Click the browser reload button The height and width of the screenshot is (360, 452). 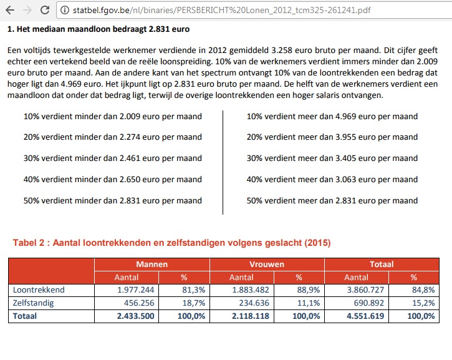click(x=44, y=10)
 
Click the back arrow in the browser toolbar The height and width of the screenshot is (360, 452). click(x=9, y=10)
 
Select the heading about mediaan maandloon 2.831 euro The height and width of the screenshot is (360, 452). click(x=98, y=29)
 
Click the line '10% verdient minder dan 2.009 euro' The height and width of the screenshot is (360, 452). click(x=112, y=116)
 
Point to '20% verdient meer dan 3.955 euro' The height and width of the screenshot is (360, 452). click(x=332, y=137)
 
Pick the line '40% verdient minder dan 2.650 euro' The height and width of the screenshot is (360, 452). click(x=112, y=180)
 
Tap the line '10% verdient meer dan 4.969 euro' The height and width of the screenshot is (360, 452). click(x=332, y=116)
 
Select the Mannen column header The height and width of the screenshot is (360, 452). click(x=151, y=264)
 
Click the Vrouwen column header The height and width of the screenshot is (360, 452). click(x=267, y=264)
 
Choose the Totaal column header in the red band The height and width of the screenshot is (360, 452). click(x=382, y=264)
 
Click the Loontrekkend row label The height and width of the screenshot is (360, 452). click(x=39, y=289)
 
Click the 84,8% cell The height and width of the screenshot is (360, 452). click(x=423, y=289)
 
